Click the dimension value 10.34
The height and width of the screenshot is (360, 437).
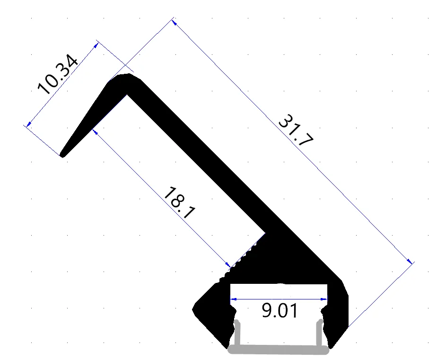pyautogui.click(x=57, y=74)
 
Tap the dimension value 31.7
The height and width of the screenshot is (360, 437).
pyautogui.click(x=296, y=130)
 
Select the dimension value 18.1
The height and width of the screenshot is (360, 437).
pyautogui.click(x=180, y=203)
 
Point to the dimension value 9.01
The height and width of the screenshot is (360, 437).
pyautogui.click(x=280, y=311)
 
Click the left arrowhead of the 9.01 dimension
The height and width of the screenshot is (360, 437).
pyautogui.click(x=234, y=299)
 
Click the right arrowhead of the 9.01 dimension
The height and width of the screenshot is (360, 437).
pyautogui.click(x=324, y=299)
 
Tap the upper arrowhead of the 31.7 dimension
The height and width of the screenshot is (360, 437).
pyautogui.click(x=175, y=23)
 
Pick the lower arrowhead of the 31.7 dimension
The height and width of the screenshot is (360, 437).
pyautogui.click(x=409, y=261)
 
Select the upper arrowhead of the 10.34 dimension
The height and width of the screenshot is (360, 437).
pyautogui.click(x=96, y=45)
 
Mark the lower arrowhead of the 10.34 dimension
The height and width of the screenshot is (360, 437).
pyautogui.click(x=29, y=124)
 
